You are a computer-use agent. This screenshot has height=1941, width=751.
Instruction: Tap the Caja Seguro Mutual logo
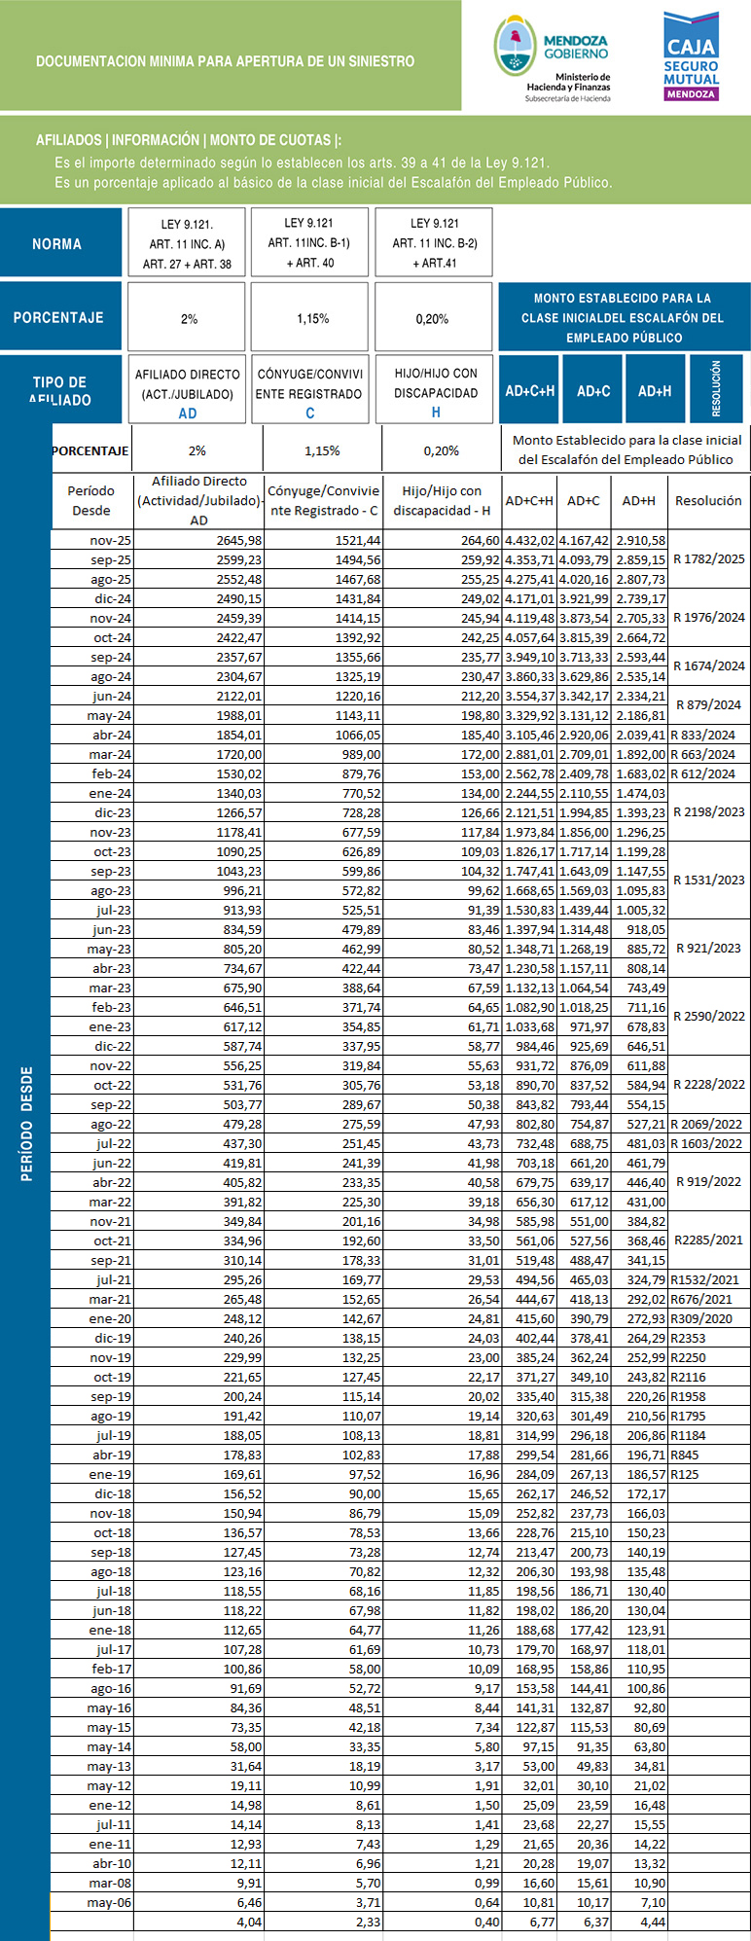click(691, 55)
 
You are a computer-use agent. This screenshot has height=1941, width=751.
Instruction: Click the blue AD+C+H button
click(529, 390)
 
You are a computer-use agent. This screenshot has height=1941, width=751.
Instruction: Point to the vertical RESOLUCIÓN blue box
click(716, 388)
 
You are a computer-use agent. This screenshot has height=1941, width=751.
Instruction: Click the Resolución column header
click(708, 500)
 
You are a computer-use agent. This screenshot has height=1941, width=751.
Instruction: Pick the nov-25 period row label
click(111, 540)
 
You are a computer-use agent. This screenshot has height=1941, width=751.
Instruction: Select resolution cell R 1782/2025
click(708, 559)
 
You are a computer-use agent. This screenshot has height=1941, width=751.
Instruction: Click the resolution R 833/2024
click(708, 735)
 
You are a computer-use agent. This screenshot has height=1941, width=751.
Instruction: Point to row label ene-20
click(111, 1318)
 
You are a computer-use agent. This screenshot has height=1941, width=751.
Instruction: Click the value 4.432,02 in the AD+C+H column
click(530, 540)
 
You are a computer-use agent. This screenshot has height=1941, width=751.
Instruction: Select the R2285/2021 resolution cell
click(708, 1240)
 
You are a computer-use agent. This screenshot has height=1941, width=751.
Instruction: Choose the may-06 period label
click(111, 1901)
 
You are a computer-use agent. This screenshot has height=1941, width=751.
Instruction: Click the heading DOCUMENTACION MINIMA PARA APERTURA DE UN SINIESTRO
click(225, 61)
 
